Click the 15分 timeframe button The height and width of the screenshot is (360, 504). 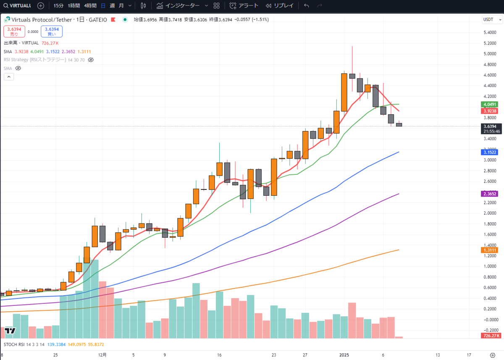pyautogui.click(x=59, y=6)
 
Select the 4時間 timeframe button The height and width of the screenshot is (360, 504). pyautogui.click(x=90, y=6)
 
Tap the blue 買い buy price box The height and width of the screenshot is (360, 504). pyautogui.click(x=52, y=32)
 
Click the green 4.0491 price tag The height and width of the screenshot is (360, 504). pyautogui.click(x=490, y=104)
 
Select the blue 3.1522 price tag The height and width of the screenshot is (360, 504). pyautogui.click(x=490, y=152)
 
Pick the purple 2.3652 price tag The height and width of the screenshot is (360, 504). pyautogui.click(x=490, y=194)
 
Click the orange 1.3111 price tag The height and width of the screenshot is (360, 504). pyautogui.click(x=490, y=250)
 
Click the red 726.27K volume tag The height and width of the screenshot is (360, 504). pyautogui.click(x=490, y=336)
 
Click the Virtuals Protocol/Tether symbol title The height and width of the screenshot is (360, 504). pyautogui.click(x=42, y=20)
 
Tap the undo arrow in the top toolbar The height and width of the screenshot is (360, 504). pyautogui.click(x=306, y=6)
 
